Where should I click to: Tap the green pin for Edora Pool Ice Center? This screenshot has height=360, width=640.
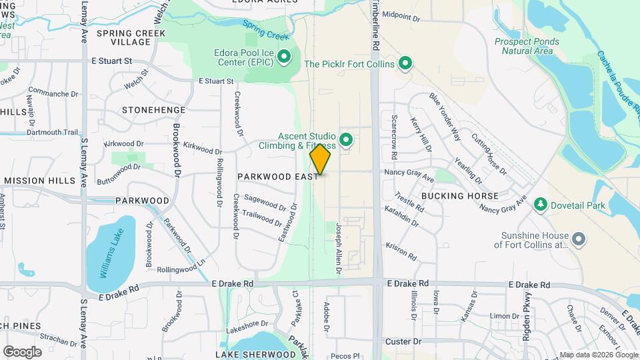point(285,57)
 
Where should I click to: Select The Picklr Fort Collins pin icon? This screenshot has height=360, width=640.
point(404,64)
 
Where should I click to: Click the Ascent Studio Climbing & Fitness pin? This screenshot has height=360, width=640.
point(345,139)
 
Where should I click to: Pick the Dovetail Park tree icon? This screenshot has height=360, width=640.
point(541,205)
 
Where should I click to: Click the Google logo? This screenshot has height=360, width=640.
point(22,351)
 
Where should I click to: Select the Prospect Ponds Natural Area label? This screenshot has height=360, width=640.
point(527,46)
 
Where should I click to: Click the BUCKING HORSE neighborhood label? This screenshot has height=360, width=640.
point(459,196)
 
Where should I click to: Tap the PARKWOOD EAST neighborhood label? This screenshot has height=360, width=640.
point(278,177)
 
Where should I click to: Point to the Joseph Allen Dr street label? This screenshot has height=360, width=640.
point(339,249)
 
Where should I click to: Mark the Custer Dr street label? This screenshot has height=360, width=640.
point(403,341)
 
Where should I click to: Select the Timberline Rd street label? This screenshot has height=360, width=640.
point(376,23)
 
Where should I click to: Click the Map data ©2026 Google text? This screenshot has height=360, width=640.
point(598,355)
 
